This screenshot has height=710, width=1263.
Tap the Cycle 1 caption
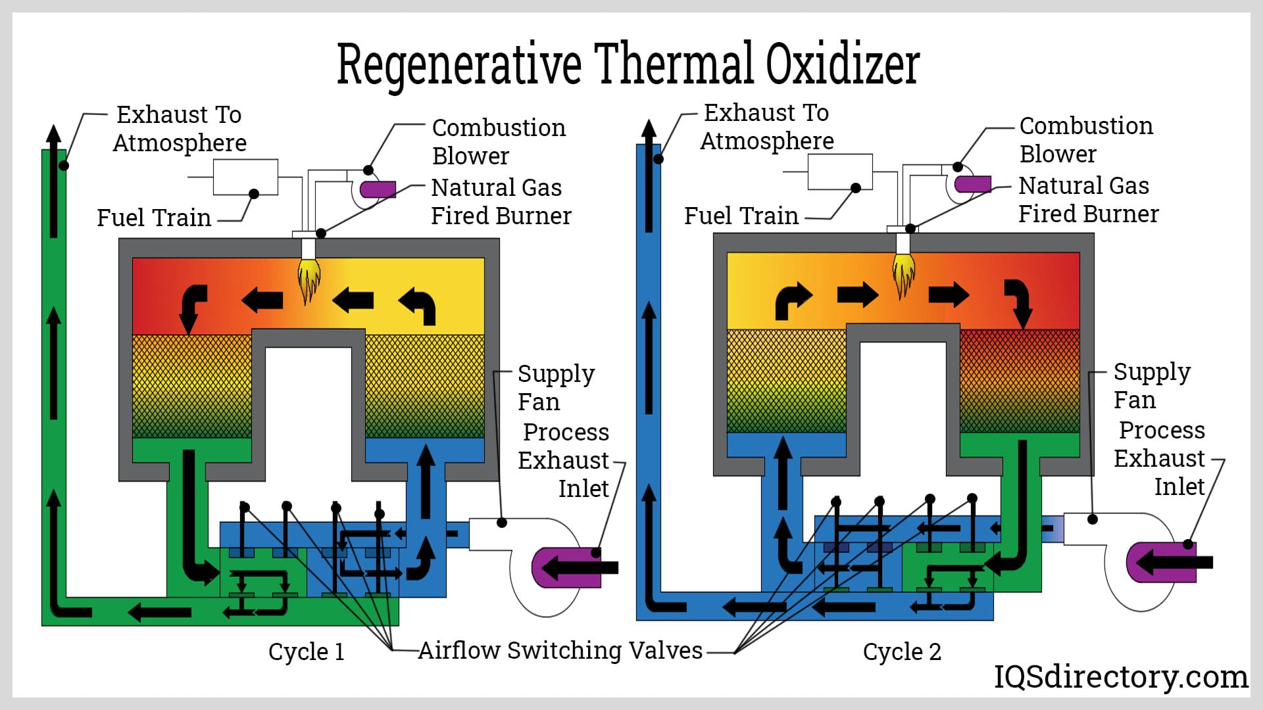coord(306,651)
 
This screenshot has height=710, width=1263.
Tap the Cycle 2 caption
coord(902,651)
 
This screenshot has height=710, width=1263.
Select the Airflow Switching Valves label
coord(560,650)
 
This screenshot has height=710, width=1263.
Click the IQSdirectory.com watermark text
coord(1120,676)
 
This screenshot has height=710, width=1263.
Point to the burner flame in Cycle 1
coord(308,279)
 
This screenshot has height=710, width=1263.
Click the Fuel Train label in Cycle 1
coord(154,218)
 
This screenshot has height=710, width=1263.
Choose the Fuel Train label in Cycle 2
coord(741,216)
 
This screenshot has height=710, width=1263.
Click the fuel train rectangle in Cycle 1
coord(245,177)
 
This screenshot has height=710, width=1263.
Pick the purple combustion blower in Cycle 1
coord(378,189)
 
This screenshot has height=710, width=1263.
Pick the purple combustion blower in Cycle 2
coord(973,184)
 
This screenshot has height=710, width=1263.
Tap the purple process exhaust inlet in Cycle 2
coord(1161,562)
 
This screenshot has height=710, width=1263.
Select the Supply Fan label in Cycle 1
coord(556,387)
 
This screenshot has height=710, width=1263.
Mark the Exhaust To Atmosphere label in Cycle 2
coord(766,127)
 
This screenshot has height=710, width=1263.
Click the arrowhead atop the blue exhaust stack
coord(649,130)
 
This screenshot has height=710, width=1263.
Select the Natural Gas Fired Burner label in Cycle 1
coord(501,202)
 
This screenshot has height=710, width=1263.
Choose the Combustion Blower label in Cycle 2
coord(1086,139)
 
